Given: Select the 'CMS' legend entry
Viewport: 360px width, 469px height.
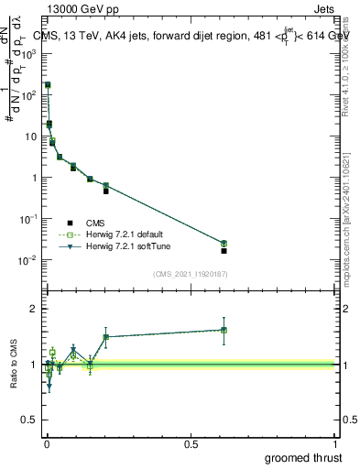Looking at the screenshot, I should (x=95, y=223).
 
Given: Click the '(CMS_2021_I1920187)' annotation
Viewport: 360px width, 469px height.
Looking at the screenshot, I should (x=190, y=274).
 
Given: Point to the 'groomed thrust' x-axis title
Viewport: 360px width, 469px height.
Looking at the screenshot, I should (x=303, y=457).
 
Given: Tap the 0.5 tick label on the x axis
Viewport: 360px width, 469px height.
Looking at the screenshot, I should (x=191, y=442).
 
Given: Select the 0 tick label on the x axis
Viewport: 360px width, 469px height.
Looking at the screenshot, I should (x=46, y=442).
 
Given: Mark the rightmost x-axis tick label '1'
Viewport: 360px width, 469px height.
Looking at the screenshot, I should (x=335, y=442).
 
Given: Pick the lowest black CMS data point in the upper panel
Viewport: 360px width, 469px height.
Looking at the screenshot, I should (x=224, y=250).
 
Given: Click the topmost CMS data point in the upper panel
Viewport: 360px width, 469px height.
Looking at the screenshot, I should (x=48, y=85).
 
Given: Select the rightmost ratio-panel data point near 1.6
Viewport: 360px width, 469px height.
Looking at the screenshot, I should (x=224, y=330).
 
